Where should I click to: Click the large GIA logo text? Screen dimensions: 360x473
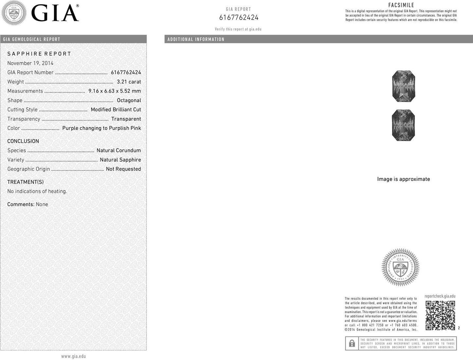(55, 14)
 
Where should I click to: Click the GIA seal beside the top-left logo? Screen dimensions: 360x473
(14, 13)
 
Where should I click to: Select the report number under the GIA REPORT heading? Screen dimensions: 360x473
(239, 18)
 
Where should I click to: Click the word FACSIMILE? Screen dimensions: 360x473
(401, 5)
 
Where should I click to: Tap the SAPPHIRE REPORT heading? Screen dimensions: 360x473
(39, 54)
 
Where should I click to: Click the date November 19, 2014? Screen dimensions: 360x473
(30, 63)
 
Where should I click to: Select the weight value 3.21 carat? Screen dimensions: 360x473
(129, 82)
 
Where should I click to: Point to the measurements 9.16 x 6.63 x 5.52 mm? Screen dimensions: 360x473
(115, 91)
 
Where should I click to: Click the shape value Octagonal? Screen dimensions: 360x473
(129, 100)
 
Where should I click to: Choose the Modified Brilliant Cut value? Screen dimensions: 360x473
(116, 110)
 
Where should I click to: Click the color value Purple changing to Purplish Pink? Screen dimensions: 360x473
(101, 128)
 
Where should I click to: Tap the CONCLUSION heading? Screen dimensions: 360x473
(23, 141)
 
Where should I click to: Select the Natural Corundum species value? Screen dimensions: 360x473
(118, 151)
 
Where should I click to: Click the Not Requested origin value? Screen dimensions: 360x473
(123, 169)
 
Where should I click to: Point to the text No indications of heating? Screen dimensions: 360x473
(37, 191)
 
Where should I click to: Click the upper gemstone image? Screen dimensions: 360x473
(403, 86)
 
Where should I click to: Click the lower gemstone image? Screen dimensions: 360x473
(403, 125)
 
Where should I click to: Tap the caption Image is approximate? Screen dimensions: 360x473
(403, 179)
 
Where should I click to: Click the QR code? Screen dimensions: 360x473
(440, 315)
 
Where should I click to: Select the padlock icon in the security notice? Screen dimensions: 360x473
(352, 343)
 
